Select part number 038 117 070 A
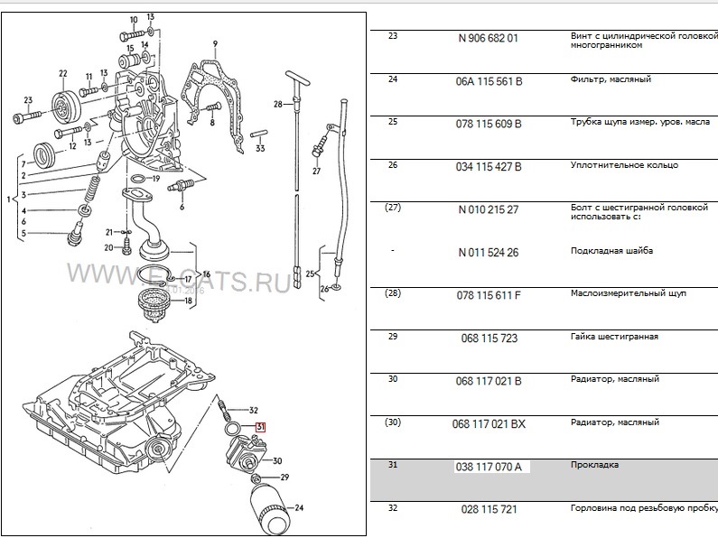pyautogui.click(x=492, y=467)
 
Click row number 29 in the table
pyautogui.click(x=392, y=336)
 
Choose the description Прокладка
pyautogui.click(x=594, y=466)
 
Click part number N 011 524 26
pyautogui.click(x=488, y=251)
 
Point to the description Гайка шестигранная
pyautogui.click(x=614, y=337)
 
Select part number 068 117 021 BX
pyautogui.click(x=491, y=422)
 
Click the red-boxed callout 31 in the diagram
pyautogui.click(x=260, y=427)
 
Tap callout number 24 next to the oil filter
pyautogui.click(x=299, y=507)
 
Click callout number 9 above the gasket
pyautogui.click(x=215, y=43)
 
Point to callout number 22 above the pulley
pyautogui.click(x=62, y=74)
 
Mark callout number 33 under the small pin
pyautogui.click(x=260, y=148)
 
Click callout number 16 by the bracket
pyautogui.click(x=206, y=274)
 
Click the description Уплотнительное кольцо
pyautogui.click(x=624, y=165)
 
